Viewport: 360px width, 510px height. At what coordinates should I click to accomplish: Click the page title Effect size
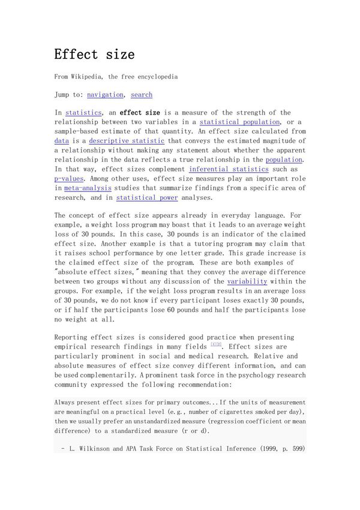94,54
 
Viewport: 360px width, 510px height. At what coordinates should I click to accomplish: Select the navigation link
105,94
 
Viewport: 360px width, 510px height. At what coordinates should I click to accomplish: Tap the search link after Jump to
142,94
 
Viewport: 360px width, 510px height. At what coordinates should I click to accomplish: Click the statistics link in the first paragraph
83,112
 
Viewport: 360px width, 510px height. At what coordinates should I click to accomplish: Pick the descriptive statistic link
127,141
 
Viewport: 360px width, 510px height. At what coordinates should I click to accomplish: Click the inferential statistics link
227,169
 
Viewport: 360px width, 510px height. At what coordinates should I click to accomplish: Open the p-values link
69,179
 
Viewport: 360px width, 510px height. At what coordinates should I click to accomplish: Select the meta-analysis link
83,188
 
